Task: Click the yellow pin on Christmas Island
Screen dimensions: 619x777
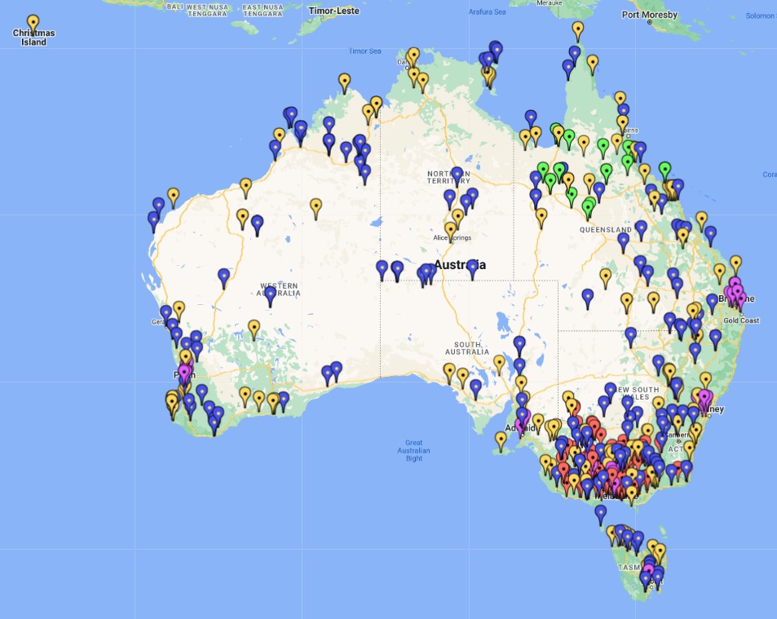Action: click(x=33, y=23)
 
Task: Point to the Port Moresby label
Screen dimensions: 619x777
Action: click(x=649, y=15)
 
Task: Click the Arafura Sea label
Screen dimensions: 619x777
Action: click(x=488, y=12)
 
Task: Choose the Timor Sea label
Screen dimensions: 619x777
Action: click(x=364, y=51)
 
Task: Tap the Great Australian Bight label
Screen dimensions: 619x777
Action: click(x=414, y=450)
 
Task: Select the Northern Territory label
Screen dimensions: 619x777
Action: click(x=449, y=177)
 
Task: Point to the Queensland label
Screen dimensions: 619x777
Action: click(x=606, y=230)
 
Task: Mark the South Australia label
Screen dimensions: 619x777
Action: click(x=467, y=347)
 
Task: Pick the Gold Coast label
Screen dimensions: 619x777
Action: click(x=740, y=321)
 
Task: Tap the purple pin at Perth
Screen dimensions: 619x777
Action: click(x=184, y=373)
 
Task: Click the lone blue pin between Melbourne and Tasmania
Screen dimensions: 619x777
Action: click(x=601, y=514)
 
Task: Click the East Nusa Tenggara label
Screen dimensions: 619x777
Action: click(x=263, y=10)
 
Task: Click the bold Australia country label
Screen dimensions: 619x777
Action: click(x=460, y=265)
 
